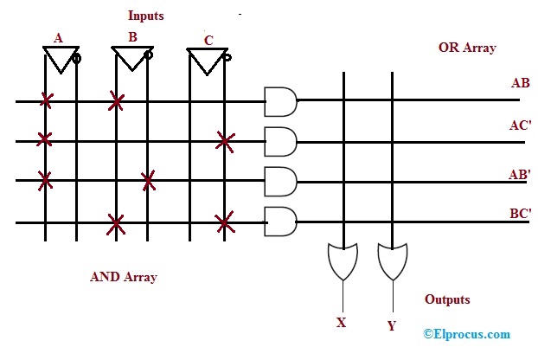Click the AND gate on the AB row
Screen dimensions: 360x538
(279, 102)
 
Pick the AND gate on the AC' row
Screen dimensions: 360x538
(279, 140)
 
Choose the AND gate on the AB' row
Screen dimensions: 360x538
(279, 181)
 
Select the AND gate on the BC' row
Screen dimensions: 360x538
(279, 222)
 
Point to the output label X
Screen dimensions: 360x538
(342, 322)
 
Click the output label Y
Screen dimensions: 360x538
(392, 326)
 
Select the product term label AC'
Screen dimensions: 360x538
(521, 125)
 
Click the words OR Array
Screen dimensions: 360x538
(467, 48)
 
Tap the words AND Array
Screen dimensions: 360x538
(124, 278)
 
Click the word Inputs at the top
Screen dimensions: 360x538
(146, 16)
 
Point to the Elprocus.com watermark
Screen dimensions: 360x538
(467, 334)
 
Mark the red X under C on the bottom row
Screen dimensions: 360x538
(225, 223)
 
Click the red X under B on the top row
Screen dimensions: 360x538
(116, 103)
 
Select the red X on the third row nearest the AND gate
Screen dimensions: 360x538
(149, 181)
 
